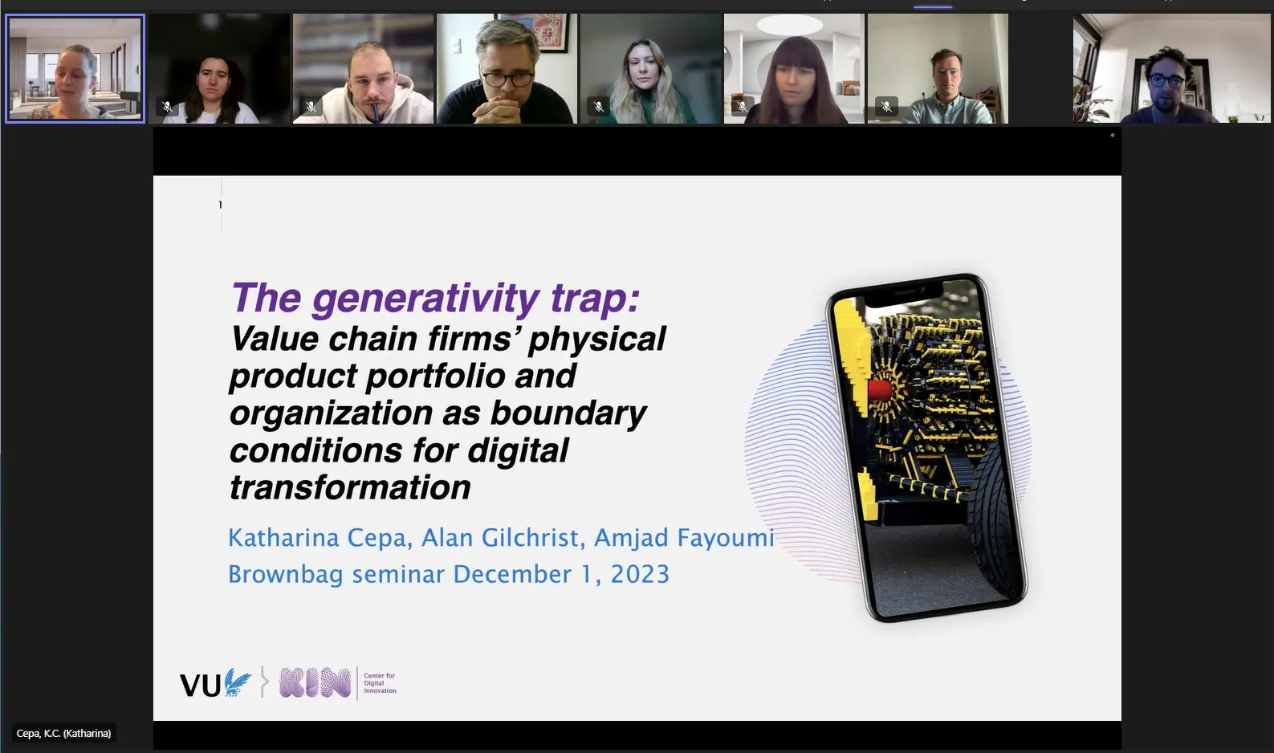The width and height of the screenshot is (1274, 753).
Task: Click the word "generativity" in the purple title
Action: pyautogui.click(x=425, y=298)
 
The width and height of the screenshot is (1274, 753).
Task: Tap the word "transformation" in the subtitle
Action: pyautogui.click(x=350, y=487)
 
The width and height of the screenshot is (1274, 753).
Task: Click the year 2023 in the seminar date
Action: pyautogui.click(x=640, y=574)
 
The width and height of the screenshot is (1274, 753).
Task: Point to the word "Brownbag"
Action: pyautogui.click(x=286, y=574)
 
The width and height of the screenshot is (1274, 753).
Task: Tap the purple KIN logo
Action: pyautogui.click(x=315, y=682)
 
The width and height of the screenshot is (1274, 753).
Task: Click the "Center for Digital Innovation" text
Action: pyautogui.click(x=380, y=683)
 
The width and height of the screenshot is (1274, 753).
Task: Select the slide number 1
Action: pyautogui.click(x=220, y=205)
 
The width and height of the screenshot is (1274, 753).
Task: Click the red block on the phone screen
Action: pyautogui.click(x=879, y=391)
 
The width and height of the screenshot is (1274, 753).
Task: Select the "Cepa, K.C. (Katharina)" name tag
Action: pyautogui.click(x=63, y=733)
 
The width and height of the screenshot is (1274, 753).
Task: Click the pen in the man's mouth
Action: pyautogui.click(x=376, y=112)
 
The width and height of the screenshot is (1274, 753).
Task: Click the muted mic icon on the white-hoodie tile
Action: pyautogui.click(x=311, y=106)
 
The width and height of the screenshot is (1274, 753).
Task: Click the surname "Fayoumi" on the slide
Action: pyautogui.click(x=684, y=538)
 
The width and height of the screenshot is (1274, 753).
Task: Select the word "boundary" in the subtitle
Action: pyautogui.click(x=568, y=413)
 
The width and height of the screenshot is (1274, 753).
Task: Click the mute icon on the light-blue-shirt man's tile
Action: pyautogui.click(x=886, y=106)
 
